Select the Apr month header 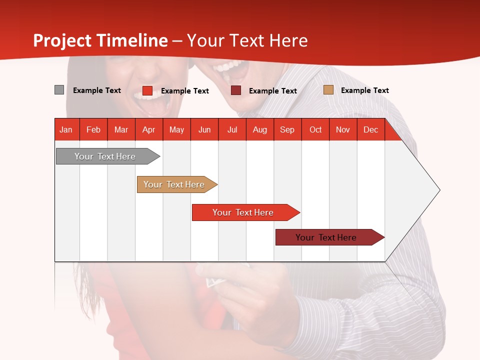tap(149, 129)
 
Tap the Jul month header tap(232, 129)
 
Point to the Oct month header tap(315, 129)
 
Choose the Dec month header tap(371, 129)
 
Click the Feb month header tap(93, 129)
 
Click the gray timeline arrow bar tap(108, 156)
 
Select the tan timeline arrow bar tap(177, 184)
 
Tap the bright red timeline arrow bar tap(246, 212)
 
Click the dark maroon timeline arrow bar tap(330, 237)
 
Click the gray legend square tap(59, 89)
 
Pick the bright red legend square tap(147, 90)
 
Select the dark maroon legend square tap(235, 90)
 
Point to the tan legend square tap(328, 89)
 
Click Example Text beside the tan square tap(365, 90)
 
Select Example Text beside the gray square tap(96, 90)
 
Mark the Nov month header tap(343, 129)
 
